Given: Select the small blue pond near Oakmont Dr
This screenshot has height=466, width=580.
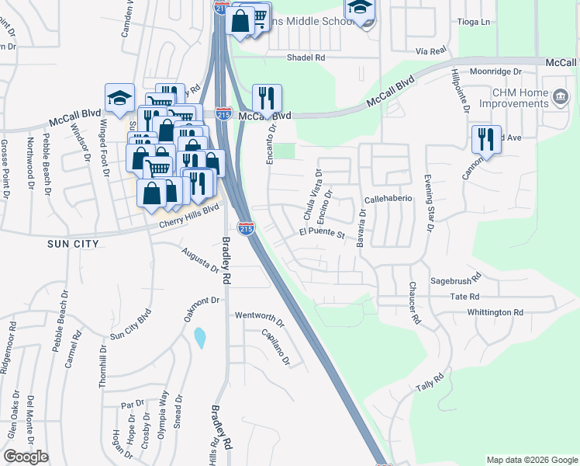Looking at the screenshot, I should pyautogui.click(x=200, y=337).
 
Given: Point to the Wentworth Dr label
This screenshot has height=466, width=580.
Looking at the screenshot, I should pyautogui.click(x=261, y=317).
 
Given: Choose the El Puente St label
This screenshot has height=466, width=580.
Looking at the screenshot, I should pyautogui.click(x=321, y=233).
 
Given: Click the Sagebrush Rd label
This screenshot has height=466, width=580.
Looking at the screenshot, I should pyautogui.click(x=456, y=276).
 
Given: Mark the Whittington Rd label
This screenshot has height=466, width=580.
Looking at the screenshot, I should pyautogui.click(x=495, y=312).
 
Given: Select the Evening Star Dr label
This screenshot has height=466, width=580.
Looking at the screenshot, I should pyautogui.click(x=427, y=202).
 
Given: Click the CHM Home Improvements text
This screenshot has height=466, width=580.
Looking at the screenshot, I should pyautogui.click(x=520, y=99).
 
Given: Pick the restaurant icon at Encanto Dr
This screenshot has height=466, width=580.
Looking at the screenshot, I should pyautogui.click(x=267, y=98).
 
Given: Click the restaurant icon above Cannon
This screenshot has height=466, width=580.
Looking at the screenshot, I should pyautogui.click(x=486, y=139).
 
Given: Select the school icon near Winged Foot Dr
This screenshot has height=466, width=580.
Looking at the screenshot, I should pyautogui.click(x=119, y=98).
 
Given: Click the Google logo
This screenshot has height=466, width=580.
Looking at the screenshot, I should pyautogui.click(x=26, y=457).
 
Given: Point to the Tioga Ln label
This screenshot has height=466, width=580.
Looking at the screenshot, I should pyautogui.click(x=475, y=22).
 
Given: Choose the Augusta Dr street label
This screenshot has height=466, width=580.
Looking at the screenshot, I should pyautogui.click(x=200, y=260).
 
